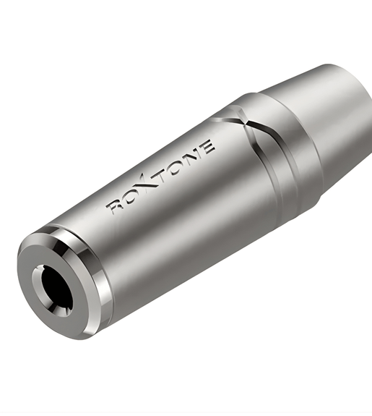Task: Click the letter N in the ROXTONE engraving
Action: click(x=194, y=153)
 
